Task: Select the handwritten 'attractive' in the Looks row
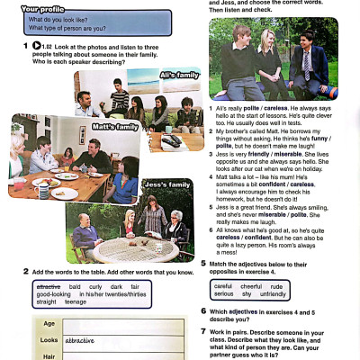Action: pos(80,341)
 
